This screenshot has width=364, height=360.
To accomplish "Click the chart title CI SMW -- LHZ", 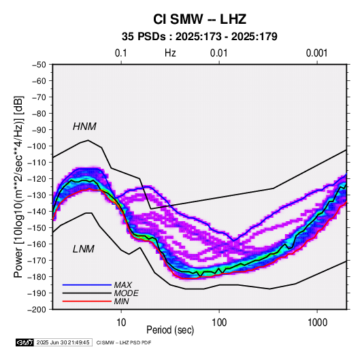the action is click(199, 19).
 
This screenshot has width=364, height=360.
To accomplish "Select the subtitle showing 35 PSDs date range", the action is click(199, 37).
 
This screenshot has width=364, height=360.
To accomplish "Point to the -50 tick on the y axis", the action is click(39, 65).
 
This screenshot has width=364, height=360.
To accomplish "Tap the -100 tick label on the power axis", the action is click(37, 146).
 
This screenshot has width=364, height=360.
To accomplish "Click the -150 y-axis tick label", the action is click(37, 228).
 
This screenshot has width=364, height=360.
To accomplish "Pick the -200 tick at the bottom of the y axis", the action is click(37, 310).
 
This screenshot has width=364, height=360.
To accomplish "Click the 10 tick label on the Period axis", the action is click(121, 323).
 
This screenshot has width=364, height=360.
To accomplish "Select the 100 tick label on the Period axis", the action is click(219, 323).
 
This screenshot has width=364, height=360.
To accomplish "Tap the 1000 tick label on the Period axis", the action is click(317, 323).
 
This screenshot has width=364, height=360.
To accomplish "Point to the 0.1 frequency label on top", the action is click(121, 53).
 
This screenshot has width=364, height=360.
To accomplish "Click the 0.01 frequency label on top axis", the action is click(218, 53).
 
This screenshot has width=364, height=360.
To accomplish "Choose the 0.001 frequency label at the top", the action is click(316, 53).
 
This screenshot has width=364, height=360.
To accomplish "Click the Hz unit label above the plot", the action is click(170, 53).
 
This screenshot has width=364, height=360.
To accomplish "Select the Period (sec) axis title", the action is click(170, 330).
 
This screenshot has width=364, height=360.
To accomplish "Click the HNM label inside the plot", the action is click(84, 127).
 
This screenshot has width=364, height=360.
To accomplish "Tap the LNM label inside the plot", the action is click(84, 249).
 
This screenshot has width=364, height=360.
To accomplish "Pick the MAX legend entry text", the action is click(123, 285).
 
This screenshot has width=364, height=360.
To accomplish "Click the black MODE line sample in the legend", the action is click(87, 293).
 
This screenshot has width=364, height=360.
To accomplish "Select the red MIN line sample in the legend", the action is click(87, 301).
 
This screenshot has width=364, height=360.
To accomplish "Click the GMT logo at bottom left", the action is click(25, 342).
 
